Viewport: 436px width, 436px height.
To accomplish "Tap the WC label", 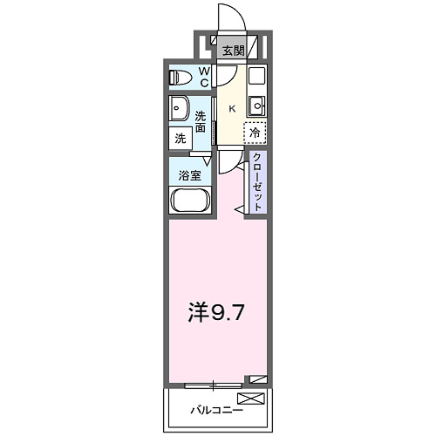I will (x=203, y=77).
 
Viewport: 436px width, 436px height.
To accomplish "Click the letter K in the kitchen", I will (x=231, y=109).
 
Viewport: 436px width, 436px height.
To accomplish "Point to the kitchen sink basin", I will (x=256, y=107).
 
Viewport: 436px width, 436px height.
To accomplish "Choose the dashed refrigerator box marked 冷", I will (x=255, y=133).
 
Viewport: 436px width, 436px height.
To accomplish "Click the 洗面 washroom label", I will (x=201, y=121).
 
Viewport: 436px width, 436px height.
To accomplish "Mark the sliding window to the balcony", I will (x=213, y=382).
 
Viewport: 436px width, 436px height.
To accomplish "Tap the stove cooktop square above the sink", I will (x=255, y=75).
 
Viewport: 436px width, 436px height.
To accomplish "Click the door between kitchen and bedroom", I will (x=228, y=161).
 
